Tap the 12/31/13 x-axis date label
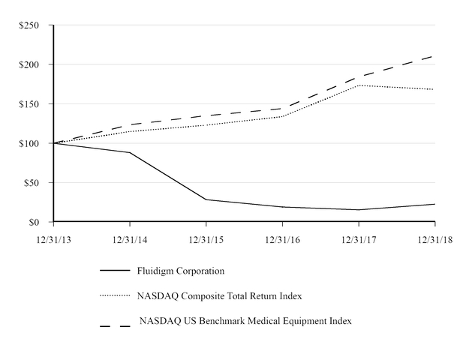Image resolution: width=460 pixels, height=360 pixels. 54,239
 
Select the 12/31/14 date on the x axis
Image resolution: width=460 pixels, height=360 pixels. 131,239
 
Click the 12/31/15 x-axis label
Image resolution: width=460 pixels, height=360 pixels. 206,239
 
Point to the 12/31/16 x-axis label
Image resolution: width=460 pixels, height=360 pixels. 282,239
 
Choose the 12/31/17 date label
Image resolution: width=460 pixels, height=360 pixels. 359,239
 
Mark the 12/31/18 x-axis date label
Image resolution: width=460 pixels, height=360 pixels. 435,239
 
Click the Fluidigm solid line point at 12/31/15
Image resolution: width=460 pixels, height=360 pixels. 206,199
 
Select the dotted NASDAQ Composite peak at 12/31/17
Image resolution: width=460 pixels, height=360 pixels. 359,85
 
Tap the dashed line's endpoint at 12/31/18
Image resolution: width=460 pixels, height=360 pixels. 435,55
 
